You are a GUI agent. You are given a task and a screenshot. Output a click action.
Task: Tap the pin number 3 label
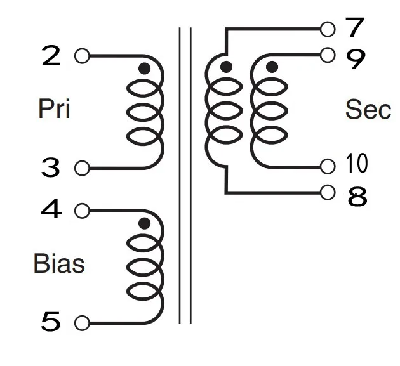pyautogui.click(x=51, y=168)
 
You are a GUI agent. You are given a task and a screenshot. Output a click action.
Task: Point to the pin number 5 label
pyautogui.click(x=51, y=323)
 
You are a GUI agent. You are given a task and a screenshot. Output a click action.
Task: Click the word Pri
pyautogui.click(x=54, y=109)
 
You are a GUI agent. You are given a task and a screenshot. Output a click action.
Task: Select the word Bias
pyautogui.click(x=58, y=263)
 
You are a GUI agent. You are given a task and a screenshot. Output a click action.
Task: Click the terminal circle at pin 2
pyautogui.click(x=81, y=56)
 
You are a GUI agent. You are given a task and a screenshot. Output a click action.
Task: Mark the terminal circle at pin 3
pyautogui.click(x=81, y=168)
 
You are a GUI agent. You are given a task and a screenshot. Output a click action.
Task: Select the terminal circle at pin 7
pyautogui.click(x=328, y=29)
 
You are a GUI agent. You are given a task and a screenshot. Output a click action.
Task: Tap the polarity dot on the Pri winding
pyautogui.click(x=145, y=69)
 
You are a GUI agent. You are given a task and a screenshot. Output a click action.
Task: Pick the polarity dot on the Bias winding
pyautogui.click(x=145, y=223)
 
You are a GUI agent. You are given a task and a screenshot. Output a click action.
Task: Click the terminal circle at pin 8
pyautogui.click(x=328, y=192)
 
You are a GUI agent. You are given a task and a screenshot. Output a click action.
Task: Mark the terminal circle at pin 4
pyautogui.click(x=81, y=210)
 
